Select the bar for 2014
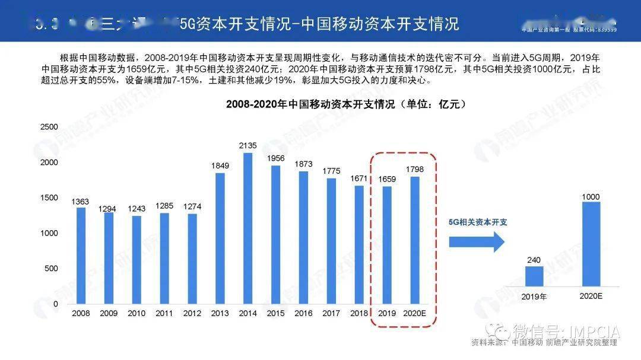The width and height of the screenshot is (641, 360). [x=247, y=228]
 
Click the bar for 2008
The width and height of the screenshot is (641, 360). [x=81, y=256]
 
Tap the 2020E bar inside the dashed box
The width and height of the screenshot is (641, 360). [x=415, y=240]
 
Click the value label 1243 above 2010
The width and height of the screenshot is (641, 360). [x=137, y=209]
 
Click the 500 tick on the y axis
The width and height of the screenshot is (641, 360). [x=51, y=269]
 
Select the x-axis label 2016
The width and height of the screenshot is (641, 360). [x=303, y=313]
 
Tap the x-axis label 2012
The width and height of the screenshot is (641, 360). [x=192, y=313]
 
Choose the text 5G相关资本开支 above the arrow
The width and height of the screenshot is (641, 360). [x=478, y=222]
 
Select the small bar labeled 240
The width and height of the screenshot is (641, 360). [x=534, y=276]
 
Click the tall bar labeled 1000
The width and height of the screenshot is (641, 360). [x=591, y=244]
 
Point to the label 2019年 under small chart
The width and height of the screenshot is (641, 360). [x=534, y=296]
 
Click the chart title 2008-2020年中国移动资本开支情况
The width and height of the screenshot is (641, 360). [x=346, y=104]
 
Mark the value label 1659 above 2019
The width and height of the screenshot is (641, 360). [x=387, y=179]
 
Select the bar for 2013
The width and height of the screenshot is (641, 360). [x=220, y=238]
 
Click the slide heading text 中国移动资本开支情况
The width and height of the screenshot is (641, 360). [x=380, y=24]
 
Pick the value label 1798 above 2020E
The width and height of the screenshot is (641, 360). [x=415, y=169]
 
